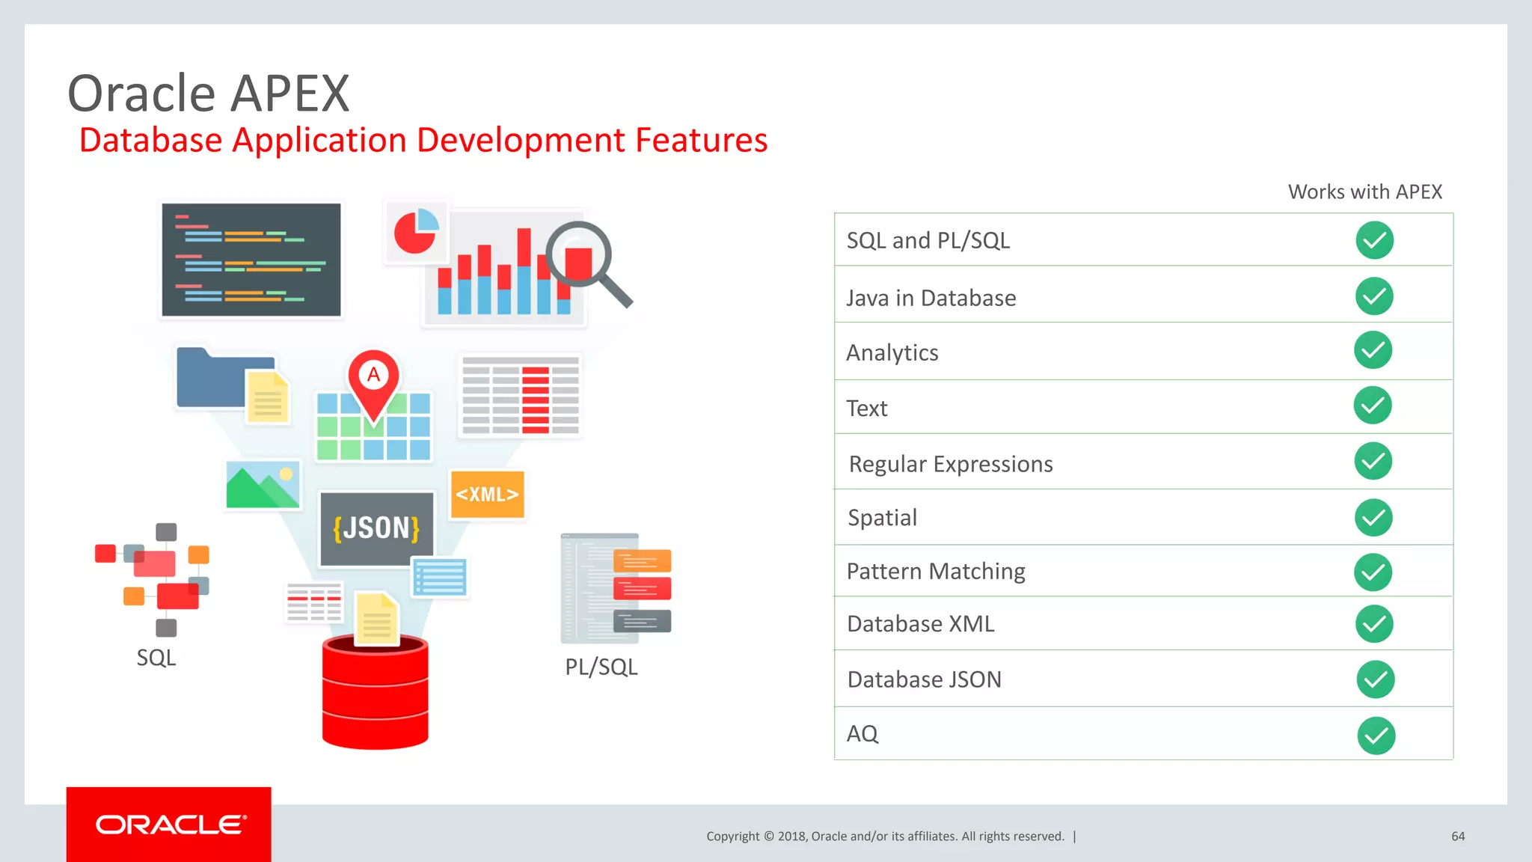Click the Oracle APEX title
(x=208, y=94)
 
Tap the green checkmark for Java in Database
(x=1374, y=296)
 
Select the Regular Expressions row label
(x=950, y=464)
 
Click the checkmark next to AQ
(x=1376, y=736)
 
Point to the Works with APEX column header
(x=1364, y=192)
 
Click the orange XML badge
(x=487, y=494)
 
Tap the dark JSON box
(x=376, y=528)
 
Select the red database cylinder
(x=375, y=692)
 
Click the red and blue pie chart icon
(x=415, y=231)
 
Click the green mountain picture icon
(x=263, y=485)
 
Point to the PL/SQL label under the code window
(x=601, y=667)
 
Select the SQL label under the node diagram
(x=156, y=658)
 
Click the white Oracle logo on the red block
(x=170, y=825)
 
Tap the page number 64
(x=1457, y=837)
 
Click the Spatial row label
(x=882, y=518)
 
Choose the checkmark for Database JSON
(x=1375, y=679)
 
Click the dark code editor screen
(x=251, y=260)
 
